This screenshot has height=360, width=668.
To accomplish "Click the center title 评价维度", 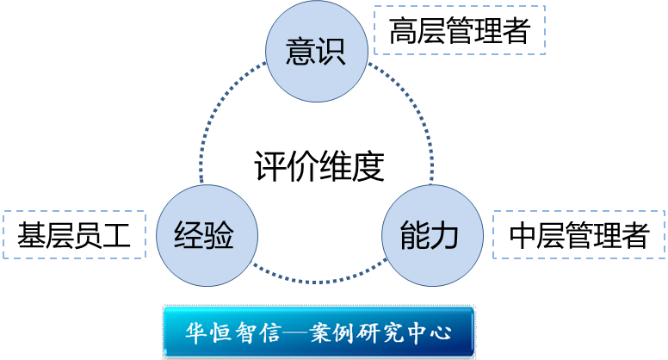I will tap(318, 165).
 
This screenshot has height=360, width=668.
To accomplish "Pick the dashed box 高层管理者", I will tap(460, 31).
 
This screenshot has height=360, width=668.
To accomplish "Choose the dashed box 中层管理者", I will tap(578, 234).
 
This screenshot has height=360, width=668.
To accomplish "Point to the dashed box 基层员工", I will tap(73, 234).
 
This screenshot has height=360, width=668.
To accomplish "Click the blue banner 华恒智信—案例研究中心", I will tap(319, 332).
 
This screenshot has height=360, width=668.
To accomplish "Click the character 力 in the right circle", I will tap(445, 234).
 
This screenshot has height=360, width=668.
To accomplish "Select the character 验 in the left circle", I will tap(220, 234).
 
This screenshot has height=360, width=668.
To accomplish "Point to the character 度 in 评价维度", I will tap(368, 165).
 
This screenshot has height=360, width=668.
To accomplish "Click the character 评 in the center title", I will tap(269, 165).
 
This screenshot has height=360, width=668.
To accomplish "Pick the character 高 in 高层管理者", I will tap(403, 32).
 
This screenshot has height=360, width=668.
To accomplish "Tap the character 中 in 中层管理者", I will tap(523, 235).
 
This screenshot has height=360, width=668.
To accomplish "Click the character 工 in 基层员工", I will tap(116, 235).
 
